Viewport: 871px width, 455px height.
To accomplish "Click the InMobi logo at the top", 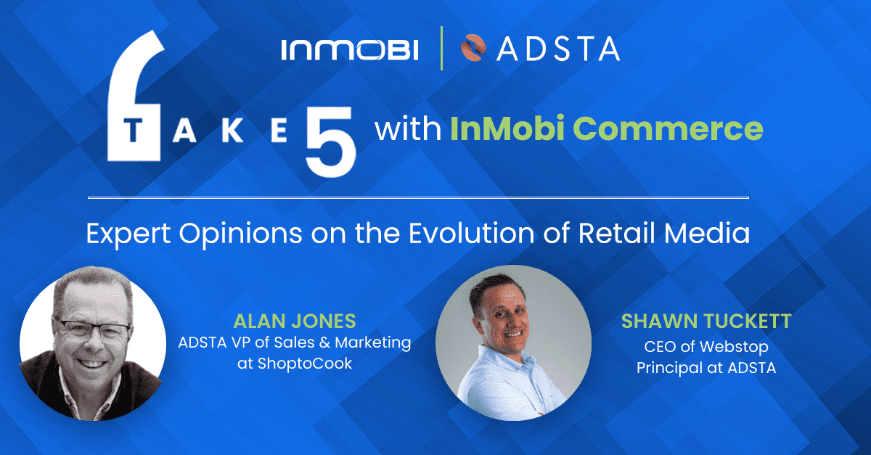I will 350,50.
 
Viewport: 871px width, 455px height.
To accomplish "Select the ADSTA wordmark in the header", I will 559,49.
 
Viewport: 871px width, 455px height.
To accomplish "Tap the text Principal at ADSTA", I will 706,368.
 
